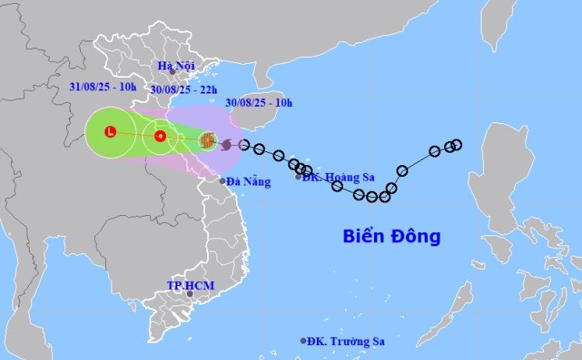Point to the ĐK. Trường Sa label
[x=345, y=341]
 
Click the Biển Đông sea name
[x=392, y=236]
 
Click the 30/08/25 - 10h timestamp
[x=259, y=103]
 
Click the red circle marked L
[x=111, y=132]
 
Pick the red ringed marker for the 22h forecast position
[x=160, y=136]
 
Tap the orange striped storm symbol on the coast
[x=207, y=140]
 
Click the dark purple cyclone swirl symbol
[x=227, y=144]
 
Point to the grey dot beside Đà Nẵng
[x=222, y=181]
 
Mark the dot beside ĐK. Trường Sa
[x=303, y=341]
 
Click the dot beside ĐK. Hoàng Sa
[x=298, y=178]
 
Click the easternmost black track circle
[x=457, y=144]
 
